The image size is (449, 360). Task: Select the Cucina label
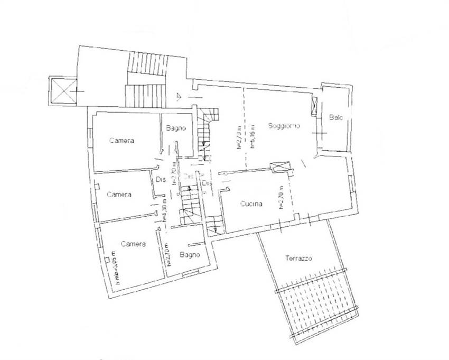250,205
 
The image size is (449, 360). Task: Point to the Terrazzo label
298,259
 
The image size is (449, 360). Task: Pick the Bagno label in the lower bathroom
189,255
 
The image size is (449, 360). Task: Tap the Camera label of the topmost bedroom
121,141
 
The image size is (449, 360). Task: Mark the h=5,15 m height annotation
253,137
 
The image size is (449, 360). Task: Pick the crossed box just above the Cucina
280,166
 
